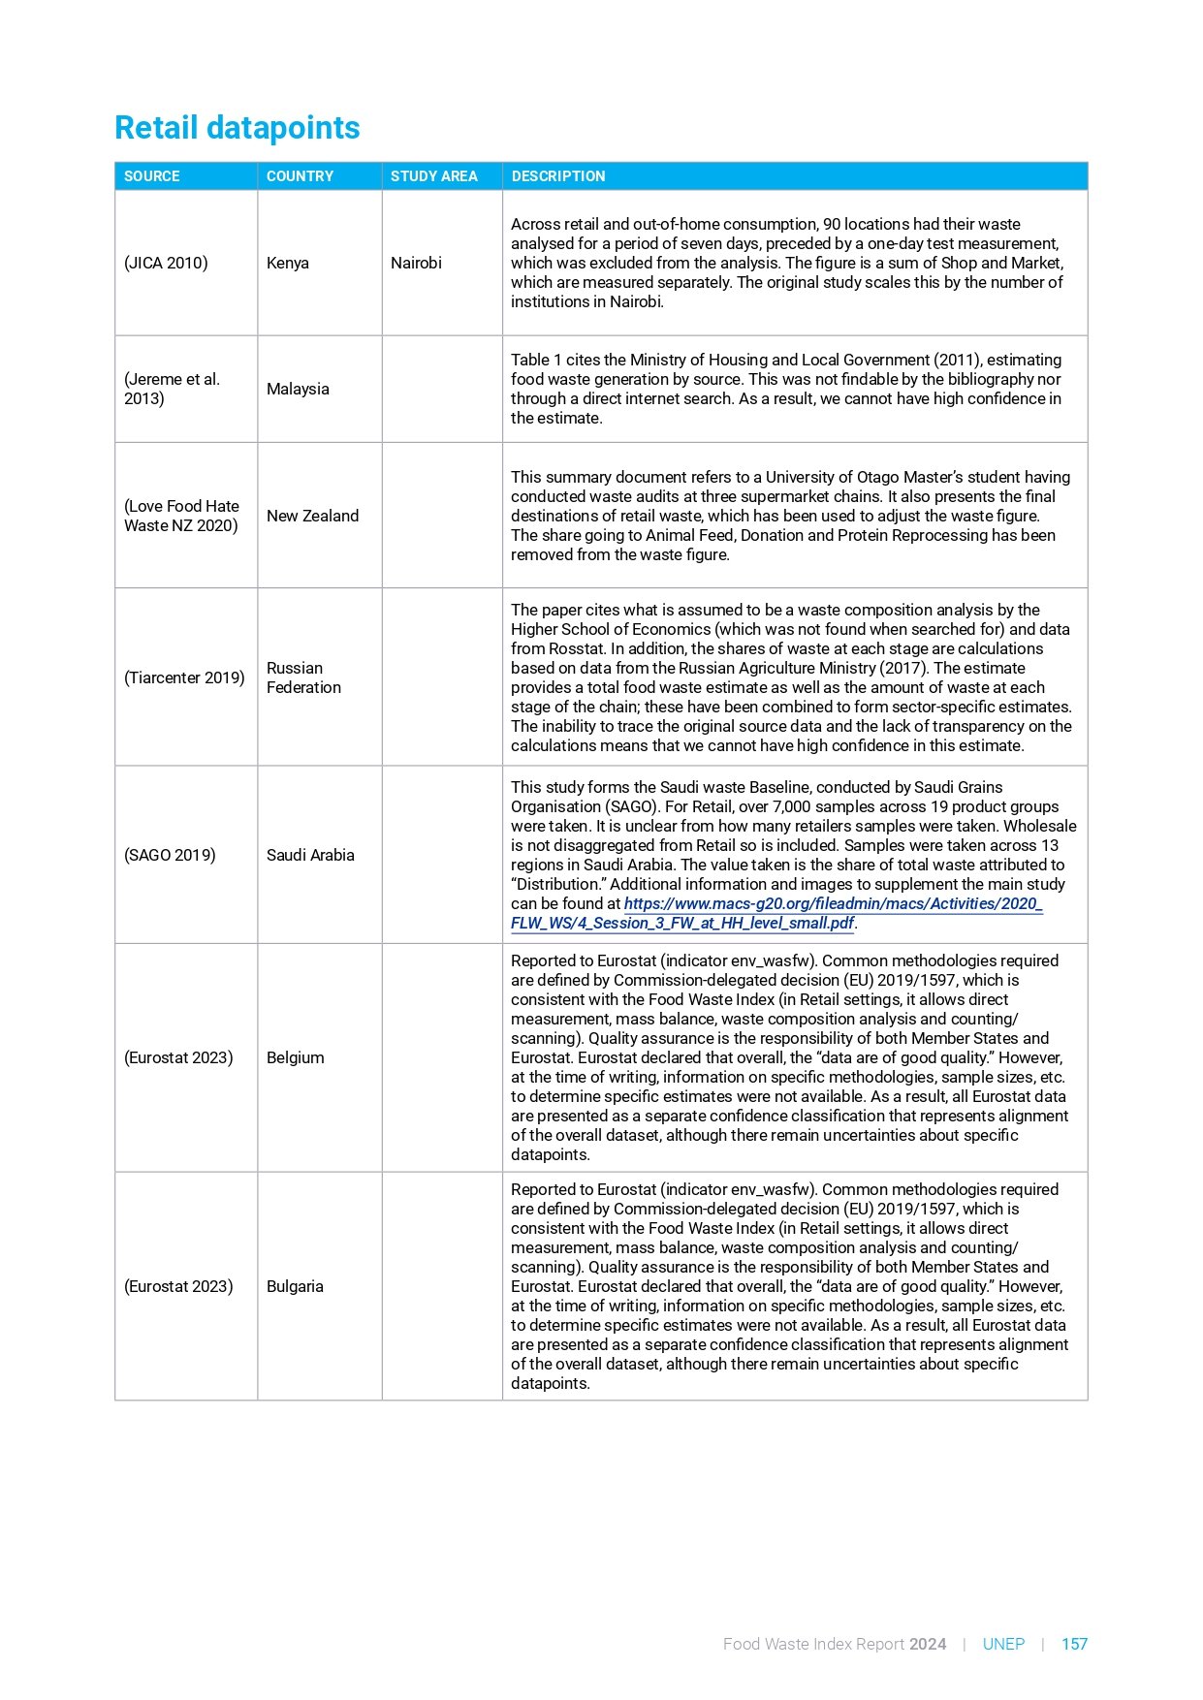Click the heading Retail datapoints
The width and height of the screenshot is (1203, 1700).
(237, 128)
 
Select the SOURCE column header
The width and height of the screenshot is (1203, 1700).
(152, 176)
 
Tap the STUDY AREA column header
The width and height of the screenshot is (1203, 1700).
(433, 176)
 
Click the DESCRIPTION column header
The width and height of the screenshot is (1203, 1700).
(558, 176)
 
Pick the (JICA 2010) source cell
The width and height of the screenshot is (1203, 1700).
(166, 263)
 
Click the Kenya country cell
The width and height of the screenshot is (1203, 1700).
(288, 263)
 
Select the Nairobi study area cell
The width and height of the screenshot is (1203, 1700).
(416, 263)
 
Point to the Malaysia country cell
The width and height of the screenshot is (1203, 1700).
(298, 389)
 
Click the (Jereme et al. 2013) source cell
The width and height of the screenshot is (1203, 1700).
(172, 389)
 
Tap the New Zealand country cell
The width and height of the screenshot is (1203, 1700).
(312, 516)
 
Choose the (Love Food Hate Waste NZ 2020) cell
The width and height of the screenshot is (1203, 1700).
(181, 516)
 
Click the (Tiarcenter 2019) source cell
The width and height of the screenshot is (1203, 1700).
(184, 677)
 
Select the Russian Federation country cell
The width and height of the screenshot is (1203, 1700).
(303, 677)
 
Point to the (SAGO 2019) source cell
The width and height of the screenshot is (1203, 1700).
(170, 855)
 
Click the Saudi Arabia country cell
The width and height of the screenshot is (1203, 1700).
(310, 855)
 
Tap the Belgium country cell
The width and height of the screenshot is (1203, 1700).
(295, 1057)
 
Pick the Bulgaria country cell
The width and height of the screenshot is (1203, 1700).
(295, 1286)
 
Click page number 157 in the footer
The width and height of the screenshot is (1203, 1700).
(1074, 1644)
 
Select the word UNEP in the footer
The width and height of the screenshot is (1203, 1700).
(1003, 1644)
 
